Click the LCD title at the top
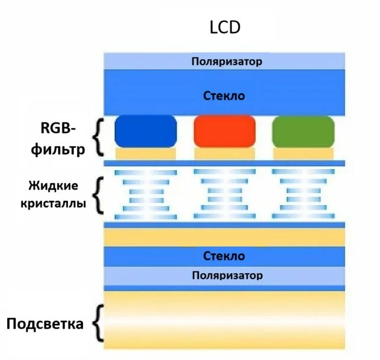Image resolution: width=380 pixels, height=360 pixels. click(x=224, y=28)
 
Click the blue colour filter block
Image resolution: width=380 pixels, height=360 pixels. click(x=146, y=131)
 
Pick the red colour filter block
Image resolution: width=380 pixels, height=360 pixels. click(x=224, y=131)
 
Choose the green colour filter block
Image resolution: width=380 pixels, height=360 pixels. click(x=303, y=131)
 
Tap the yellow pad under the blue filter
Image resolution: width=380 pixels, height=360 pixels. click(x=146, y=153)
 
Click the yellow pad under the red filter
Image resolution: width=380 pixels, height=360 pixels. click(x=224, y=153)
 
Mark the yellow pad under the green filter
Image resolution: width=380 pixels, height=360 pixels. click(x=303, y=153)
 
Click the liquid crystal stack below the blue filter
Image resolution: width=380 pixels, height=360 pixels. click(x=146, y=194)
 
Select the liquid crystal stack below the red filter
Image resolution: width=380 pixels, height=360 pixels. click(x=224, y=194)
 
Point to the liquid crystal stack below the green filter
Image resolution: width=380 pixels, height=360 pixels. click(x=303, y=194)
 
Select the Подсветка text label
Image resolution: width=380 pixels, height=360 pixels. click(x=45, y=324)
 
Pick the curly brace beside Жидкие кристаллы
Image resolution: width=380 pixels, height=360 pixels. click(x=99, y=194)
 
